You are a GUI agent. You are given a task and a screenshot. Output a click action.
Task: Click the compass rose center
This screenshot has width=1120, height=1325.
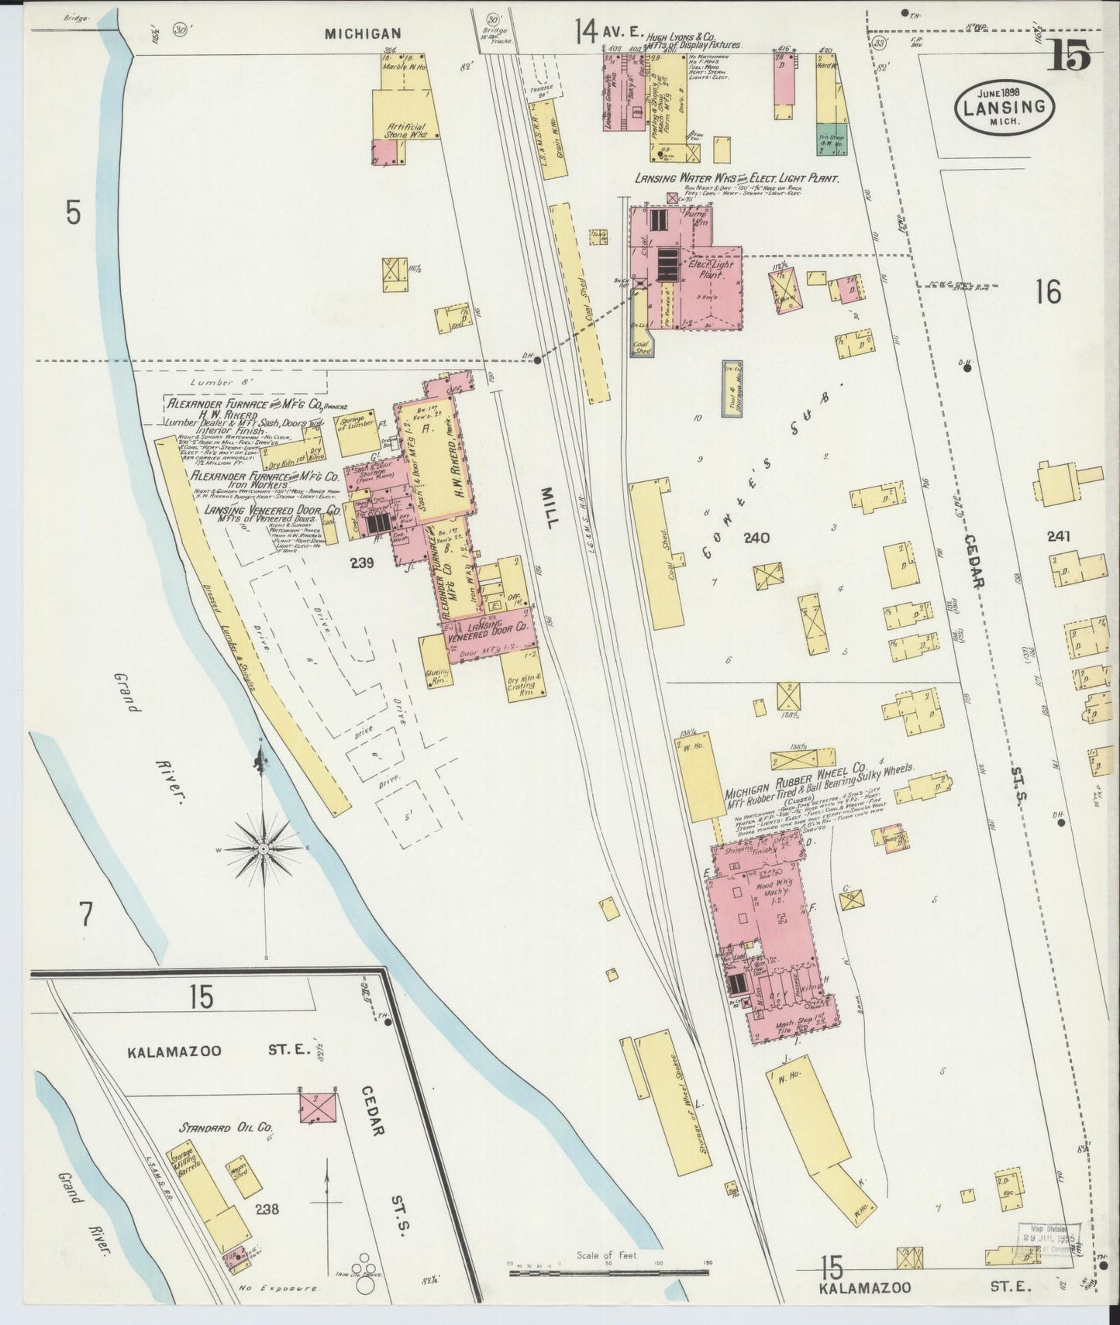click(x=264, y=848)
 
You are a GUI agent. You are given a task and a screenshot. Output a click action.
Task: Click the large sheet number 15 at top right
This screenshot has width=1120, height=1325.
click(x=1069, y=56)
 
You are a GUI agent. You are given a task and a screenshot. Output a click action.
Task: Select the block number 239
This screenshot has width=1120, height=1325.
click(x=361, y=563)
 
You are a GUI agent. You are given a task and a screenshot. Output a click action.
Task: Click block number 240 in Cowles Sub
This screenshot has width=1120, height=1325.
click(x=755, y=538)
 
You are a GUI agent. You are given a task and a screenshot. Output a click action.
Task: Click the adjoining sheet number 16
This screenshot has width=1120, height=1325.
click(x=1047, y=292)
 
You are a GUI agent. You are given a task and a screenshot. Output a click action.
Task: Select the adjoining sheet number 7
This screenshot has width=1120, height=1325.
click(x=86, y=916)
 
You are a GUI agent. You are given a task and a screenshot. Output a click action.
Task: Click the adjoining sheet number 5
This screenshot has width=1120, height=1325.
click(x=73, y=212)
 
